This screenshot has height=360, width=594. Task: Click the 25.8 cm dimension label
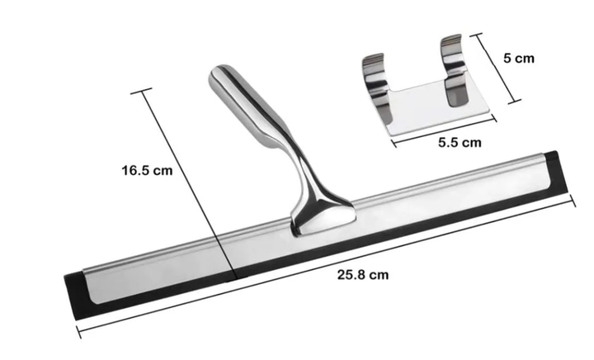[363, 274]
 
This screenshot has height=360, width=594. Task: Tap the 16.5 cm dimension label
[147, 170]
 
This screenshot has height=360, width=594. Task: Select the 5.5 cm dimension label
[460, 143]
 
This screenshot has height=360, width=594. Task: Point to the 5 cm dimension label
[519, 58]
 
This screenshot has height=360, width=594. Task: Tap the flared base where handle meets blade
[323, 216]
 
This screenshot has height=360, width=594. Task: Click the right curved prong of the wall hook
[454, 69]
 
